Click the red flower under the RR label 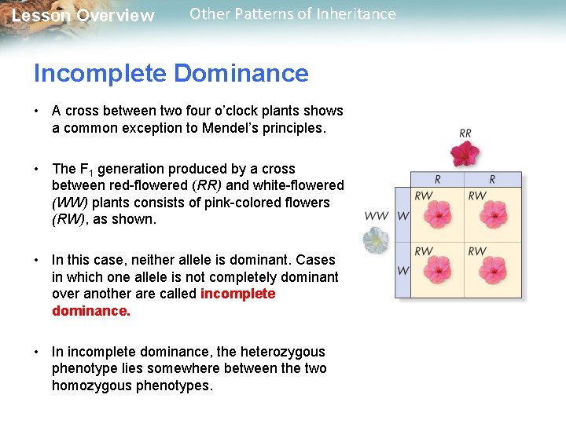click(466, 154)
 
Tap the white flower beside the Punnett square click(376, 241)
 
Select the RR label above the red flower click(465, 133)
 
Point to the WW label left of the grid click(376, 216)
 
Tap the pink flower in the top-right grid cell click(492, 216)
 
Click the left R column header click(437, 179)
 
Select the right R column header click(492, 179)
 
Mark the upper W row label click(402, 216)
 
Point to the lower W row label click(402, 271)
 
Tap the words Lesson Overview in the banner click(83, 16)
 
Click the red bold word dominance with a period click(91, 311)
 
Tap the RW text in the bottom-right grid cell click(477, 251)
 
